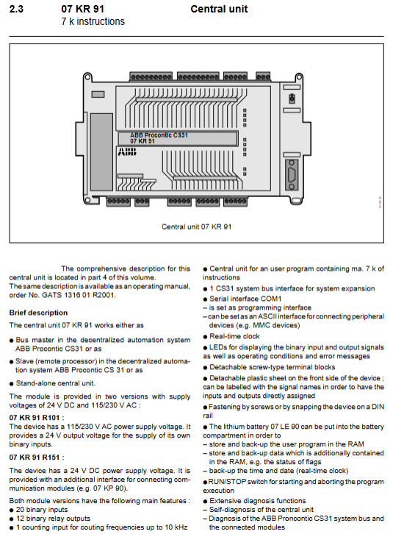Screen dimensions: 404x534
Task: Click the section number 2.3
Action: coord(16,9)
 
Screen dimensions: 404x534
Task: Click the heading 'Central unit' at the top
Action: coord(219,9)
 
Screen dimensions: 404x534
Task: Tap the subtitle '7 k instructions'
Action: coord(93,21)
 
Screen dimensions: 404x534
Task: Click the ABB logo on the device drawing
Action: coord(127,152)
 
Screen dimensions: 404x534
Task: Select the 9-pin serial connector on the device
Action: coord(291,175)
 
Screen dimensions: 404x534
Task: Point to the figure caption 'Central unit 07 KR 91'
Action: coord(197,227)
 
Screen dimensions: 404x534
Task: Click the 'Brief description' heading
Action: coord(38,313)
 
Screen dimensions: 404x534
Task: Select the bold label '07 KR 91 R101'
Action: coord(35,418)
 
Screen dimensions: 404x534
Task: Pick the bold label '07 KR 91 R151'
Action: coord(35,458)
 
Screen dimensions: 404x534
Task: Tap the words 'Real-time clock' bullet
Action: coord(234,336)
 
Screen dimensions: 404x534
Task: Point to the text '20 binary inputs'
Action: coord(42,510)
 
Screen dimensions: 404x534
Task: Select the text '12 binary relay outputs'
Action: coord(53,519)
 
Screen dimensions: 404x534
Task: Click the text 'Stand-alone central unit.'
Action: coord(55,383)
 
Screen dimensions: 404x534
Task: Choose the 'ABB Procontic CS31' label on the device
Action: coord(159,135)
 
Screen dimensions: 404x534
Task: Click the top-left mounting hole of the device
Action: coord(87,76)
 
